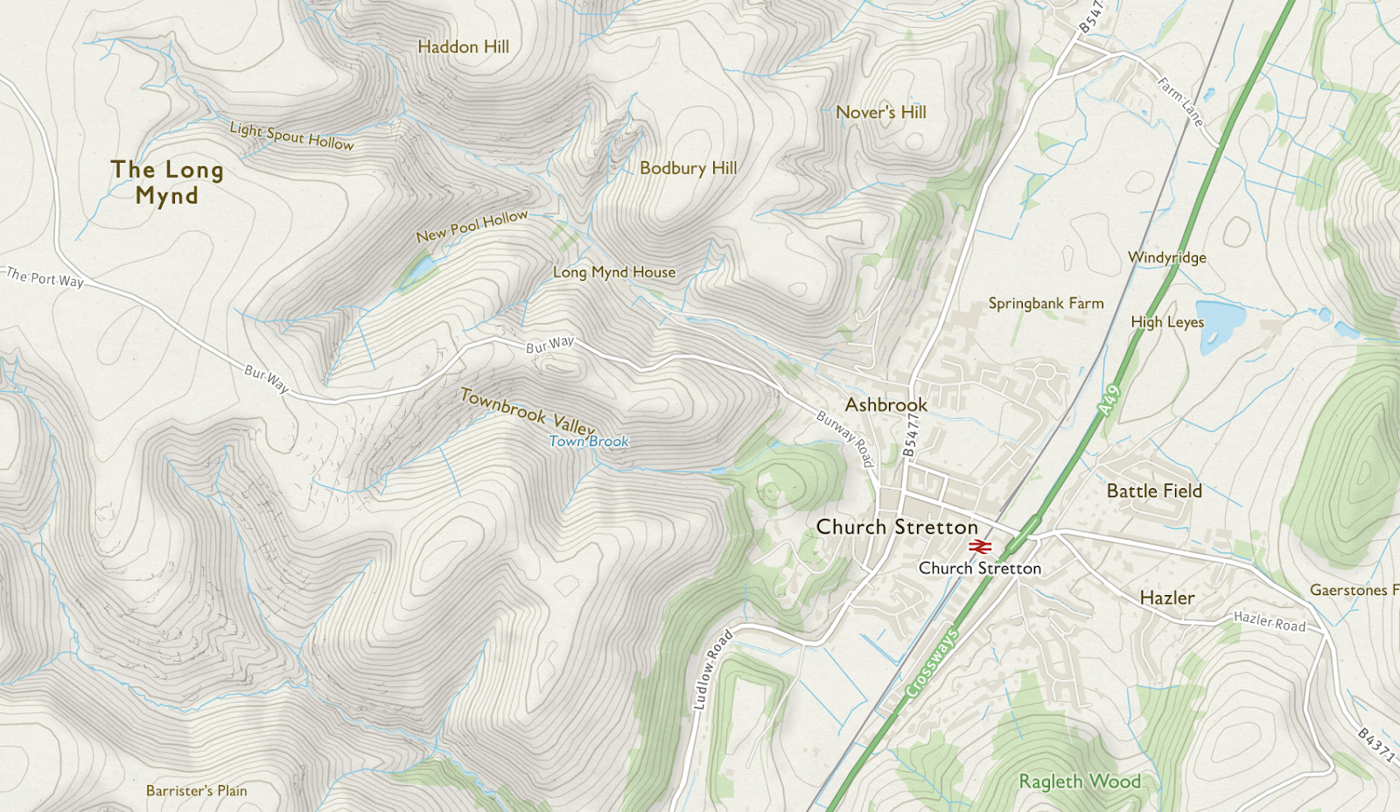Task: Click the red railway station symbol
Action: (x=979, y=547)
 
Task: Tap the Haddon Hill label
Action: (x=463, y=47)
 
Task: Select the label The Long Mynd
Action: (x=167, y=182)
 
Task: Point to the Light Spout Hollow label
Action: (x=291, y=136)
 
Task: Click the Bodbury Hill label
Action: (x=688, y=168)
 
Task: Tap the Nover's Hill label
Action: (x=880, y=112)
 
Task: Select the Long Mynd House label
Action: (x=614, y=272)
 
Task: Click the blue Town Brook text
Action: (x=589, y=442)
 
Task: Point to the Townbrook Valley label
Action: (x=527, y=410)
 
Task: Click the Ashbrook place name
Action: (x=885, y=405)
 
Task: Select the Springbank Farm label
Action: (x=1046, y=304)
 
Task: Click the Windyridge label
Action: (x=1166, y=257)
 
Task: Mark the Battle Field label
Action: (x=1153, y=491)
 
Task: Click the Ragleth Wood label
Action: (x=1080, y=781)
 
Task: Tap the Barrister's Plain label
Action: (x=196, y=791)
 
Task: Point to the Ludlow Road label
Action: (x=711, y=669)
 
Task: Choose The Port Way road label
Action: (x=45, y=278)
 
